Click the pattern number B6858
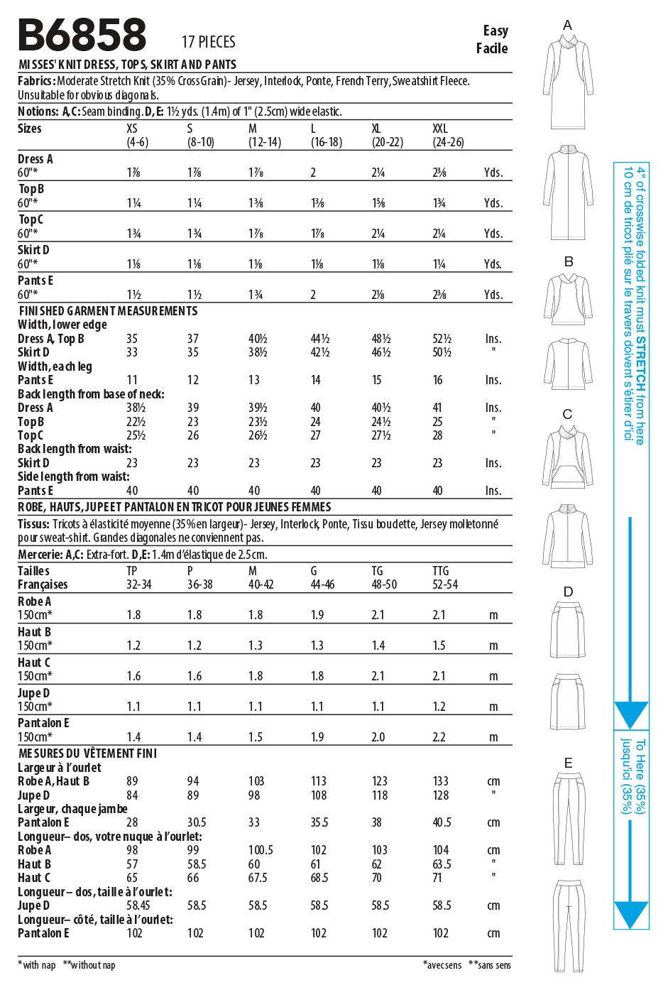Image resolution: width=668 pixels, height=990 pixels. [x=82, y=35]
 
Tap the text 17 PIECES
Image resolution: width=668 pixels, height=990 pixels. [x=208, y=42]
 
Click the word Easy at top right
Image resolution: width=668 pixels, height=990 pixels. [x=495, y=31]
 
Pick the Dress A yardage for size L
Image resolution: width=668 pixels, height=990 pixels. [x=314, y=173]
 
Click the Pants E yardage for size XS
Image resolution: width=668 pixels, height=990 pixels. [x=133, y=295]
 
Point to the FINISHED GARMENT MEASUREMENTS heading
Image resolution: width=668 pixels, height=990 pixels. [x=108, y=311]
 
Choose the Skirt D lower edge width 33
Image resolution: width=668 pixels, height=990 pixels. [x=132, y=352]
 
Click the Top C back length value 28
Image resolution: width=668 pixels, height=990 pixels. [x=437, y=435]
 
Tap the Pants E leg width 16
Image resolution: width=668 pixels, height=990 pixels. [x=437, y=380]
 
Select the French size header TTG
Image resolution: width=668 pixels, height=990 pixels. [x=440, y=571]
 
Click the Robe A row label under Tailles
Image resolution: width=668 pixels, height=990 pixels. [x=34, y=602]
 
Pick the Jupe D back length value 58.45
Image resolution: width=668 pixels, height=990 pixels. [x=138, y=905]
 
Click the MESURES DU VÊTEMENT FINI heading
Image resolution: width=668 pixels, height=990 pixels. [x=87, y=754]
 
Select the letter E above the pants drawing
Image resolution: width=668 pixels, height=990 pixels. [x=568, y=763]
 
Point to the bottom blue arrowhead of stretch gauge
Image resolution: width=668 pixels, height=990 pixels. [x=630, y=915]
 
